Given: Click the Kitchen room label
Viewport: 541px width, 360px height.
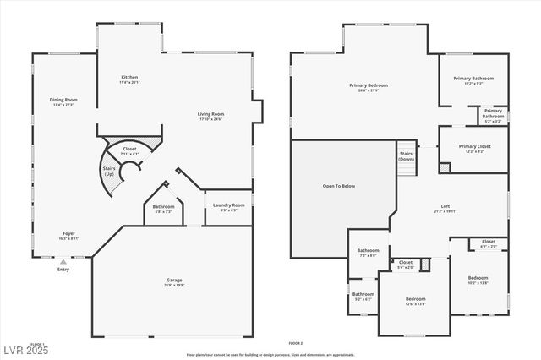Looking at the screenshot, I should pos(130,78).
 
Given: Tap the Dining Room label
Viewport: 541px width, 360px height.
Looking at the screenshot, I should pos(63,100).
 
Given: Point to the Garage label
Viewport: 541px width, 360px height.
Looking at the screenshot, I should pos(174,280).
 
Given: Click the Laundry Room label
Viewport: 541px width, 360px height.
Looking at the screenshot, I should pos(228,205).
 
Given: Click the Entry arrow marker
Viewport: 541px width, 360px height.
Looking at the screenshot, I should pos(63,263).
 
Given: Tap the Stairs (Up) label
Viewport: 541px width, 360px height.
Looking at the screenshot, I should pos(108,172).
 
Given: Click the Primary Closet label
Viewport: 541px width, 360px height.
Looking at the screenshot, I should pos(474,146).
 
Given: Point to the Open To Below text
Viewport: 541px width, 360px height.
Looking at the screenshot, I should pos(338,186).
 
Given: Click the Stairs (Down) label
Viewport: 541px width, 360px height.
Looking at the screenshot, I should pos(406,156).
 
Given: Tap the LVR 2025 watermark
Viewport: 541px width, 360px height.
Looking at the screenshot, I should pos(25,350).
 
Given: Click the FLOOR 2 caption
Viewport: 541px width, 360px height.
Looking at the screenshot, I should pos(295,343).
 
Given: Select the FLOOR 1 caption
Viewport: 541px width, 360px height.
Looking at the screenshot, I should pos(37,343).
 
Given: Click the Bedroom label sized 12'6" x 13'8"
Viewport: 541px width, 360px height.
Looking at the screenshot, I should pos(415,299).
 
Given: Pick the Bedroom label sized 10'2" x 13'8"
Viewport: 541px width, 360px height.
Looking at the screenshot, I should pos(478,278).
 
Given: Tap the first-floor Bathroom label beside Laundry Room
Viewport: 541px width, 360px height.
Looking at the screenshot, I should pos(163,207).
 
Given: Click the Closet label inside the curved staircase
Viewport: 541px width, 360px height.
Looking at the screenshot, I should pos(129,150).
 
